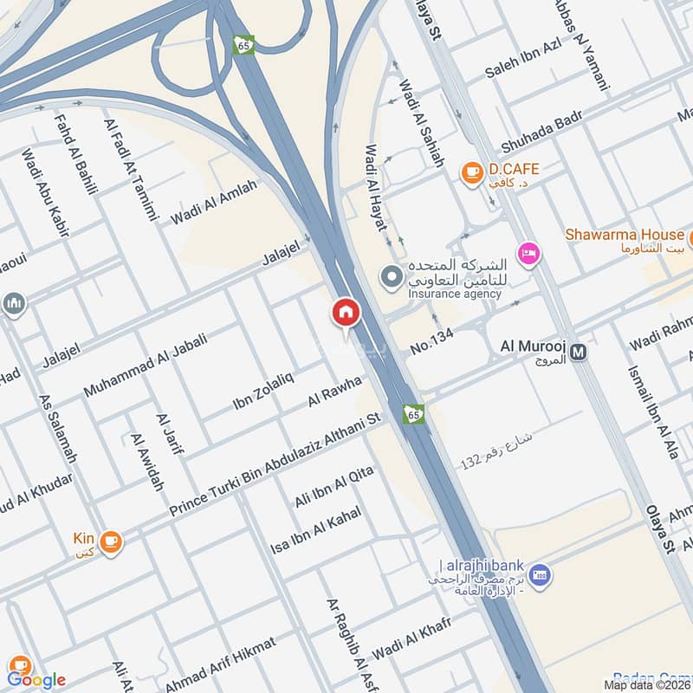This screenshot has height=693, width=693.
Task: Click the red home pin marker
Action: coord(345,313)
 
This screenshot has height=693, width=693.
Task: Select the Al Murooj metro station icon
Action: coord(579,352)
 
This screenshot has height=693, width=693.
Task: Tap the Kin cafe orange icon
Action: coord(110,543)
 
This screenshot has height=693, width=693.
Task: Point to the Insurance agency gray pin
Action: coord(392,276)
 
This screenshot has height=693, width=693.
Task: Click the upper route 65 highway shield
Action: coord(243,44)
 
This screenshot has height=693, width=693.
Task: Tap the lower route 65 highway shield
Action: coord(414,414)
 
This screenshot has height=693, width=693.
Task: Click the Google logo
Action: coord(36,679)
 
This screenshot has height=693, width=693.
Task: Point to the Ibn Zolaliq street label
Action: coord(263,390)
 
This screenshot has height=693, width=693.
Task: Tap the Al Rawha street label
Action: coord(334,390)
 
